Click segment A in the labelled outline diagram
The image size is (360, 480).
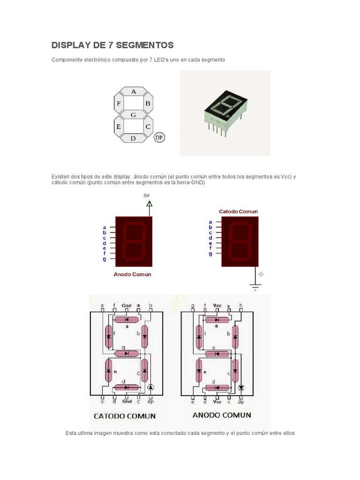(134, 91)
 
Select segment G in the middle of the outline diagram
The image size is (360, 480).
(133, 114)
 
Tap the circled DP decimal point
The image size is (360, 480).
(159, 138)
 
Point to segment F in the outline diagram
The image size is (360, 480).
(119, 103)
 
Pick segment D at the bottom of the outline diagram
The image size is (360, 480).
(133, 138)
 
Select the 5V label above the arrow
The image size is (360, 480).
(146, 195)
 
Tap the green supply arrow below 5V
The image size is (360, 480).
(150, 203)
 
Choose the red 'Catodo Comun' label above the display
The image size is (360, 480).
(238, 211)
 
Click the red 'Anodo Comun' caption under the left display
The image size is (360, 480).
(132, 274)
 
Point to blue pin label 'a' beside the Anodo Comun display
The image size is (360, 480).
(105, 227)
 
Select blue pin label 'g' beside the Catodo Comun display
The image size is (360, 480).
(210, 254)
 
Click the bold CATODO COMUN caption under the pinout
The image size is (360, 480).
(125, 416)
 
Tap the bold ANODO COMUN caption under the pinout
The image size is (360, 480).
(222, 415)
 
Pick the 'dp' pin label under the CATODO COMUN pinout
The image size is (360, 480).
(150, 401)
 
